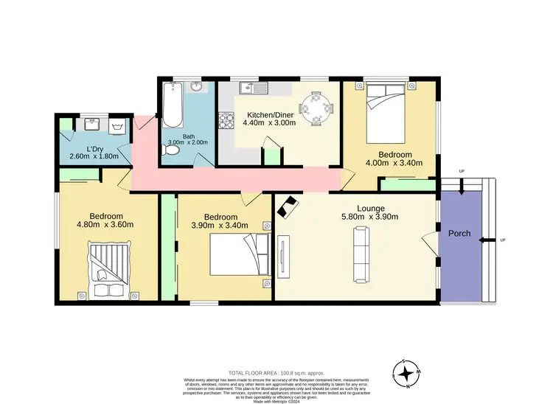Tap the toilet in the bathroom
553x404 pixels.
[171, 150]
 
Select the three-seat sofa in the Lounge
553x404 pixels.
[361, 254]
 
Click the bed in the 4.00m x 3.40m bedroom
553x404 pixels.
[386, 113]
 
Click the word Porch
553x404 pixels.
[459, 234]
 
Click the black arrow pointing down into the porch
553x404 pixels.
[462, 189]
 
